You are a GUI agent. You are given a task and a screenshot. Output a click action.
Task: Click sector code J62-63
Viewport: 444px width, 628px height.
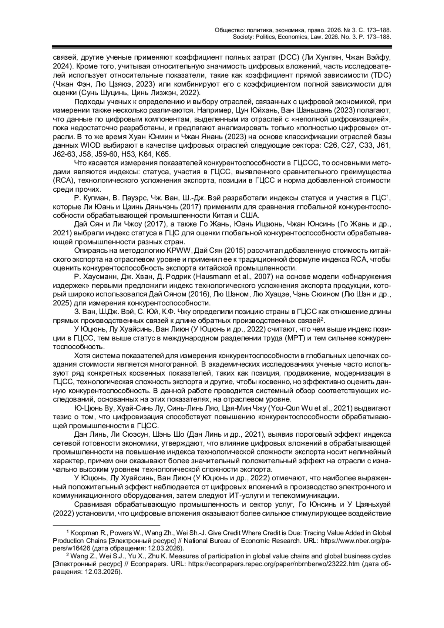[x=66, y=154]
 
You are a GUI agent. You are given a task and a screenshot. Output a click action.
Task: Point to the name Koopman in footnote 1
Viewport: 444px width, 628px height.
[x=84, y=533]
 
